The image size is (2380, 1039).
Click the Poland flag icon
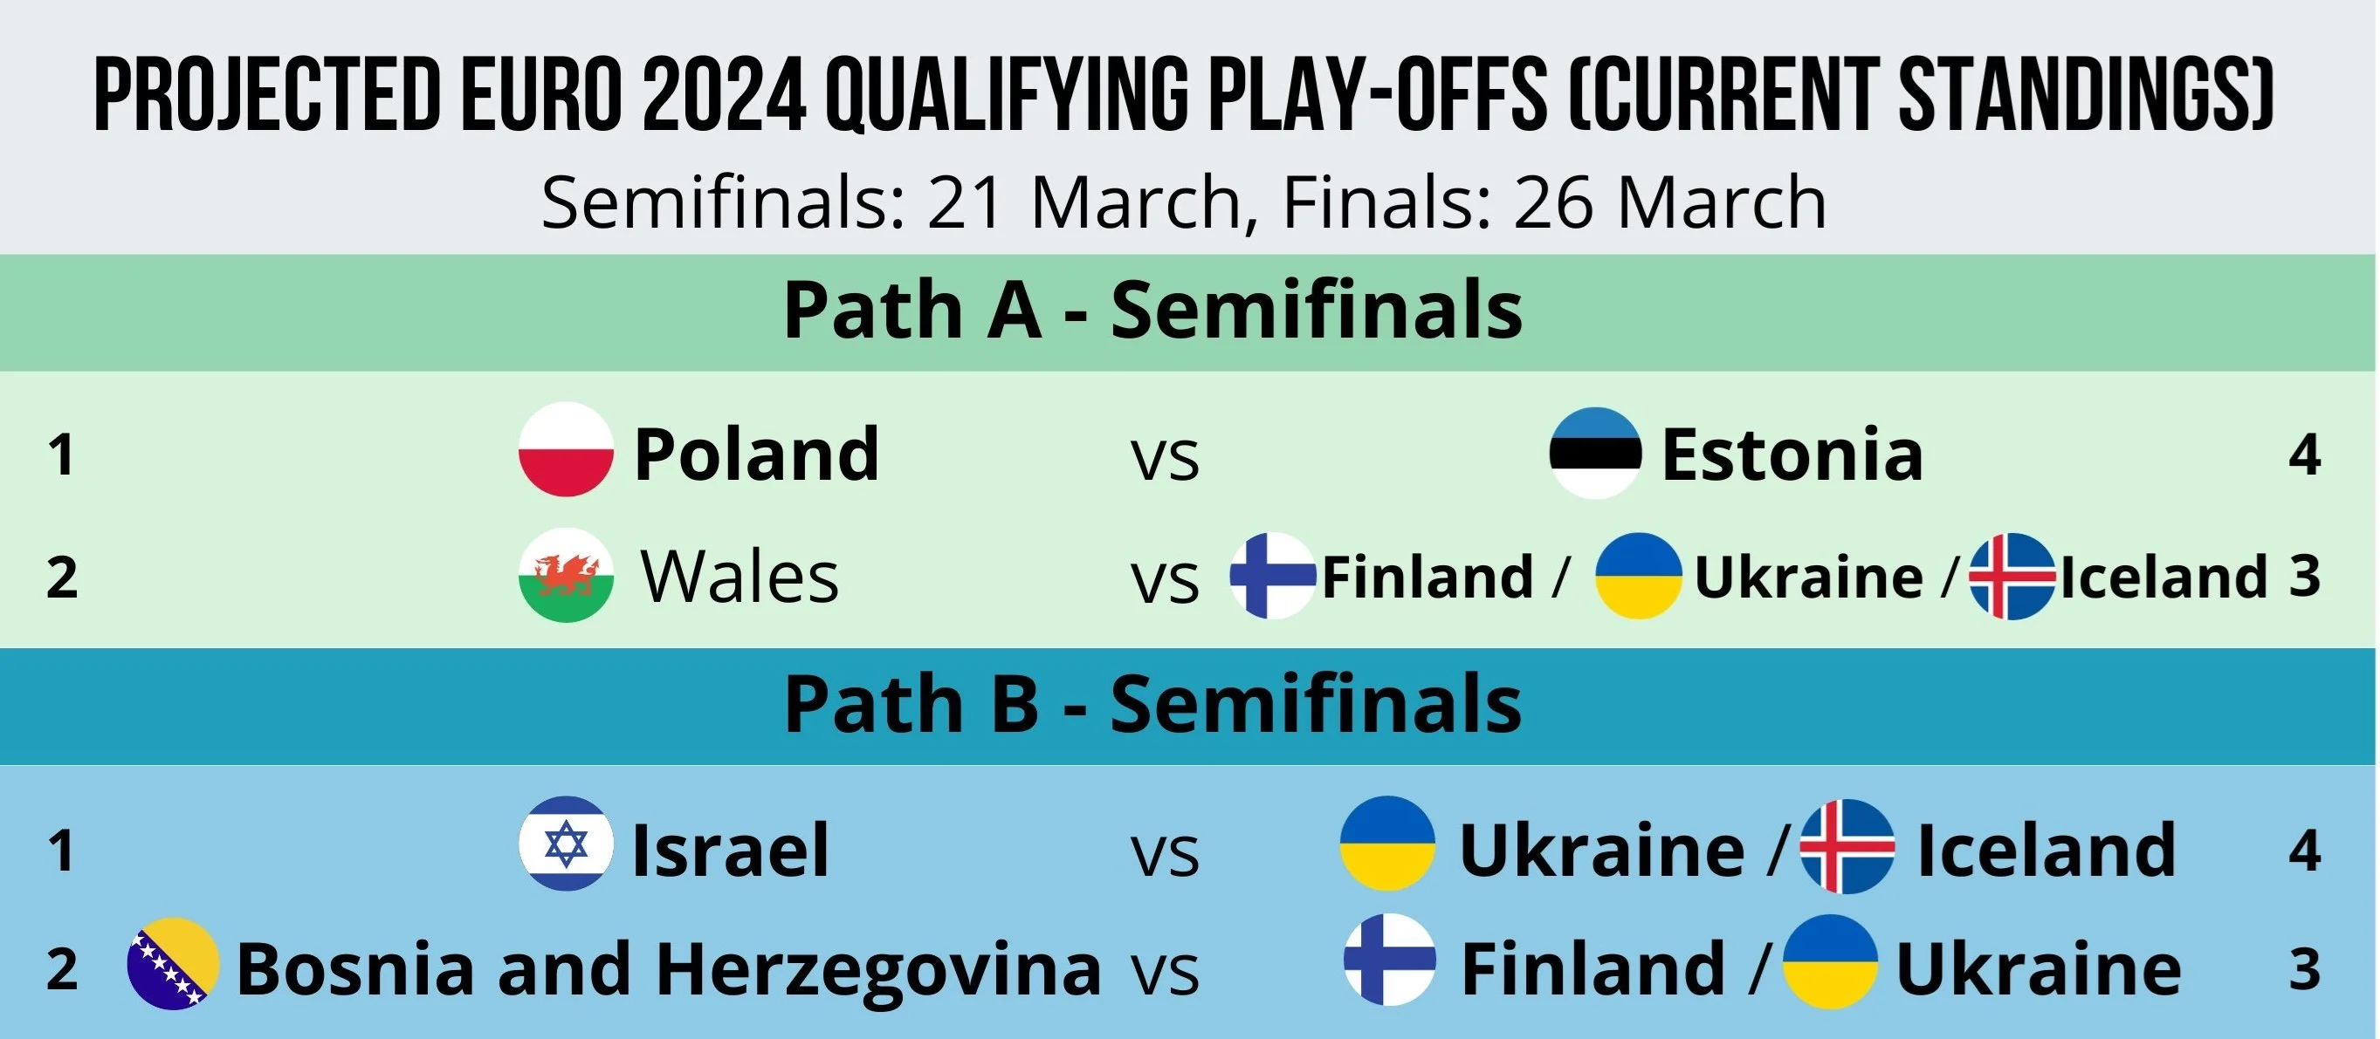coord(566,450)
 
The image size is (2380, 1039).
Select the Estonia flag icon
coord(1596,453)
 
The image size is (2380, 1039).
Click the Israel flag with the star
coord(566,843)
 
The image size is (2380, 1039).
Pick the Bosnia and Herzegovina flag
coord(173,963)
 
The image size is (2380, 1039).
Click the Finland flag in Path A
coord(1272,576)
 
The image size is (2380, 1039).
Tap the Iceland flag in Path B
coord(1847,846)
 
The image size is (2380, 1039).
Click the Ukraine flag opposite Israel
coord(1387,843)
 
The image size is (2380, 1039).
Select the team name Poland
coord(757,454)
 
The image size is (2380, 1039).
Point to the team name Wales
coord(740,577)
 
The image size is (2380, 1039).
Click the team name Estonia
coord(1792,454)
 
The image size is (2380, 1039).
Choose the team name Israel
coord(730,850)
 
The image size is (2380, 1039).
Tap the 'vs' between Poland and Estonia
coord(1166,459)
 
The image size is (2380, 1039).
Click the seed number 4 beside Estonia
coord(2305,455)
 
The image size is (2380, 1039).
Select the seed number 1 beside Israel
coord(62,851)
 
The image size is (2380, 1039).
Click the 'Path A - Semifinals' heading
coord(1153,311)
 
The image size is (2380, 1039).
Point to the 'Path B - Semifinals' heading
coord(1153,704)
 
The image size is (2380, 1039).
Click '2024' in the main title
coord(725,94)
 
